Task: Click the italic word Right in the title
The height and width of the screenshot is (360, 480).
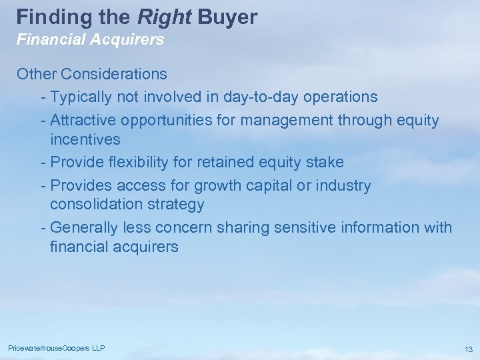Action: (x=164, y=17)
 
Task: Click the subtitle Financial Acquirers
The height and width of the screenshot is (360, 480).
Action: (x=90, y=40)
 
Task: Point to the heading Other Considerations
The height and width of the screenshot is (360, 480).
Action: (x=92, y=73)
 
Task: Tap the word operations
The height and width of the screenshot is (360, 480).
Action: (x=340, y=97)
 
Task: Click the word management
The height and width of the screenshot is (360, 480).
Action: (x=287, y=120)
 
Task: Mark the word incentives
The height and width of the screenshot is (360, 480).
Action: (x=85, y=139)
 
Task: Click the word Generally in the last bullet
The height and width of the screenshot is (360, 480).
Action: (x=84, y=227)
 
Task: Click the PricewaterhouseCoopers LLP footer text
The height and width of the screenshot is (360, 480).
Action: (x=57, y=349)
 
